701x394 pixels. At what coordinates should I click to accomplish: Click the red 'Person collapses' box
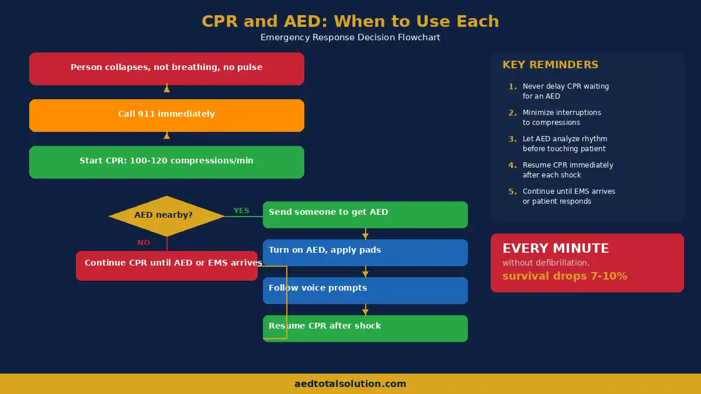pyautogui.click(x=166, y=68)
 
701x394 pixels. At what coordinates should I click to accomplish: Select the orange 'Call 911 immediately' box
pyautogui.click(x=166, y=115)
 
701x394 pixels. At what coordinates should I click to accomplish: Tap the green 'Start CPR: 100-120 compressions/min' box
pyautogui.click(x=166, y=162)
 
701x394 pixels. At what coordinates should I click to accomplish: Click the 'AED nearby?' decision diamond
pyautogui.click(x=166, y=215)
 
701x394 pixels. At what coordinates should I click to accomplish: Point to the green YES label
pyautogui.click(x=241, y=211)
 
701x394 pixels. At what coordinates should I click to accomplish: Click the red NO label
pyautogui.click(x=144, y=243)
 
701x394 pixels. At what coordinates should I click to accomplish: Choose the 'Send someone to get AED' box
pyautogui.click(x=365, y=214)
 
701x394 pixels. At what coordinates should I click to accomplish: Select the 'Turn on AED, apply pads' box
pyautogui.click(x=365, y=252)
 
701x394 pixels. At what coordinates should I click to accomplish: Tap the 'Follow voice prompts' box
pyautogui.click(x=365, y=290)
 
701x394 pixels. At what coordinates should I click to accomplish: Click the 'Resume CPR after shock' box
pyautogui.click(x=365, y=328)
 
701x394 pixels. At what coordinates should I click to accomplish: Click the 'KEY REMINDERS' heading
pyautogui.click(x=550, y=65)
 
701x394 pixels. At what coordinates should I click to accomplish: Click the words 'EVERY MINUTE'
pyautogui.click(x=556, y=249)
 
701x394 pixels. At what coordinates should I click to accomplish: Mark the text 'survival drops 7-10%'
pyautogui.click(x=565, y=276)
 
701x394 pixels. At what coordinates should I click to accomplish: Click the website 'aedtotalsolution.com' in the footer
pyautogui.click(x=350, y=384)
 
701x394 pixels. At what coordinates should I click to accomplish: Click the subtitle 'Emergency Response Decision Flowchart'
pyautogui.click(x=350, y=37)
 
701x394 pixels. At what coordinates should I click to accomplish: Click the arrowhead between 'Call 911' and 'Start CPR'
pyautogui.click(x=166, y=135)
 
